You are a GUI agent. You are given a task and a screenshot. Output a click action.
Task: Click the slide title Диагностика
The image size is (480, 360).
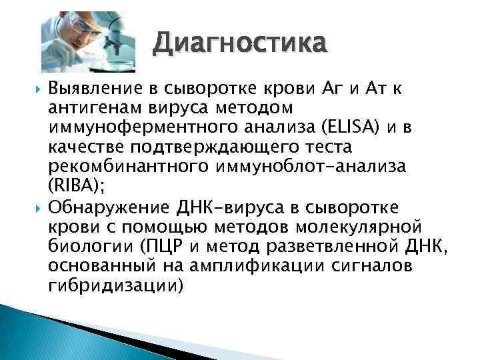pyautogui.click(x=240, y=45)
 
